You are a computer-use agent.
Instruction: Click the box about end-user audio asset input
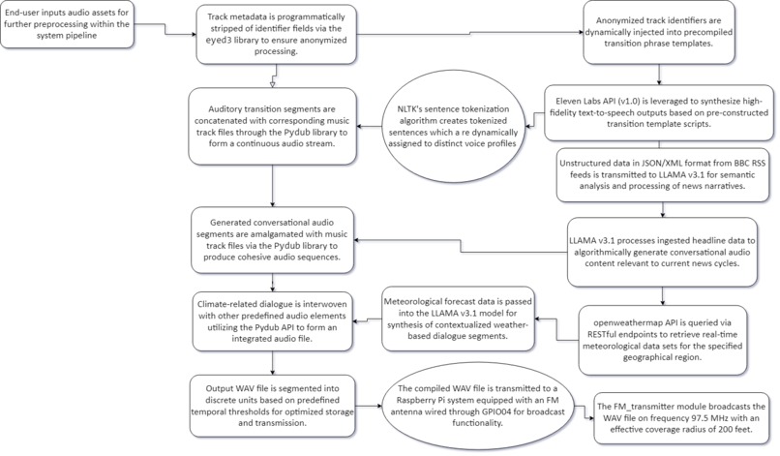(x=67, y=24)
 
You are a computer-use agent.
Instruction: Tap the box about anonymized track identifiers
(x=659, y=32)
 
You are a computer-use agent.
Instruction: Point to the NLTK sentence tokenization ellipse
(x=453, y=127)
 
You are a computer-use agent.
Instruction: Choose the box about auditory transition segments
(x=272, y=127)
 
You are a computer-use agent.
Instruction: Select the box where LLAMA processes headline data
(x=662, y=252)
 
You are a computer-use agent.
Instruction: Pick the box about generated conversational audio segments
(x=272, y=240)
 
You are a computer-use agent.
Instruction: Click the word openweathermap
(x=622, y=322)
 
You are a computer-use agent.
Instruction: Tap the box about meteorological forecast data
(x=458, y=318)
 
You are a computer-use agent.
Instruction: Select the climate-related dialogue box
(x=272, y=321)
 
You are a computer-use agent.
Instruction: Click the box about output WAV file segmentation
(x=272, y=406)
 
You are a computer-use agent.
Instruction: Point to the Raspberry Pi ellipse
(x=477, y=406)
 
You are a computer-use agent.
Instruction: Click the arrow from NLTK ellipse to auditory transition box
(x=369, y=127)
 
